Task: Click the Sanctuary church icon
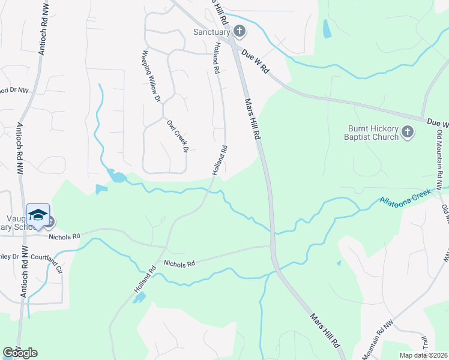pos(239,31)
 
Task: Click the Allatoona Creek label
pos(403,197)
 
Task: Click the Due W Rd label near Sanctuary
pos(255,62)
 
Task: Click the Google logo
pos(20,352)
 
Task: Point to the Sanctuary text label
pos(211,32)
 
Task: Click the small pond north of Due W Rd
pos(327,29)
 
